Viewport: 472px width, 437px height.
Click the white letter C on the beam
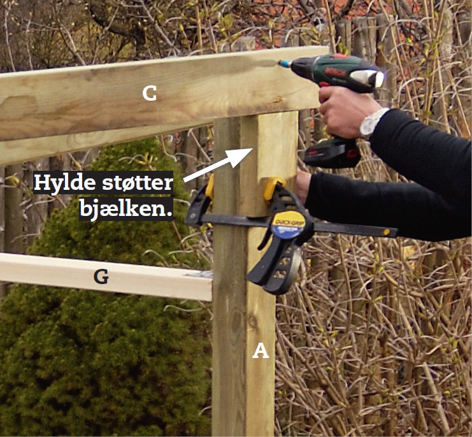[149, 93]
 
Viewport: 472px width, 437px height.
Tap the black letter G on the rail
[101, 277]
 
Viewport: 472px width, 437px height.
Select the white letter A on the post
[261, 351]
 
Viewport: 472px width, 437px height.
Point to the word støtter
[138, 183]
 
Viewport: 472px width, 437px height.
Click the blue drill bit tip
[284, 63]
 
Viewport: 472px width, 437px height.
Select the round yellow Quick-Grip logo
[288, 224]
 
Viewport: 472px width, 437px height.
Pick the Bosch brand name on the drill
[331, 71]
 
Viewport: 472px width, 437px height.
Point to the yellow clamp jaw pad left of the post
[210, 186]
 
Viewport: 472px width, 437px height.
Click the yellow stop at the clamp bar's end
[387, 232]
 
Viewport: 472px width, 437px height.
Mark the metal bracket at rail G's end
[199, 274]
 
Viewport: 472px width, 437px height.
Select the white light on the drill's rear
[367, 77]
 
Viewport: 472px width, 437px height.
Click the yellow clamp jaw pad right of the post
[273, 188]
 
